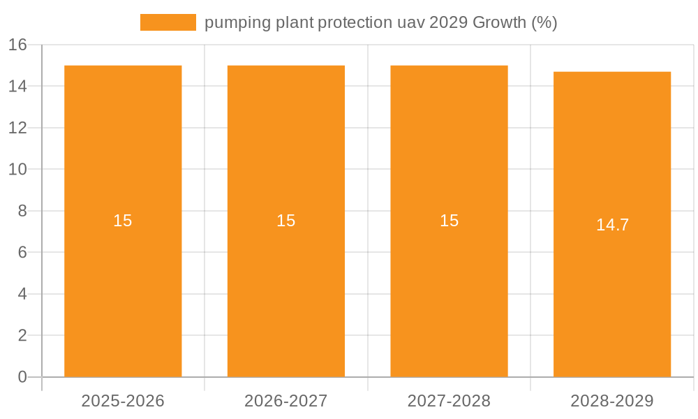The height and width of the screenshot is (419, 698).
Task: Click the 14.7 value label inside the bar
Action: (x=612, y=225)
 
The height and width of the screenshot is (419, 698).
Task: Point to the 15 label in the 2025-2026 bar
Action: (x=123, y=221)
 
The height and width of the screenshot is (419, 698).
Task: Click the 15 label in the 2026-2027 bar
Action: (x=286, y=221)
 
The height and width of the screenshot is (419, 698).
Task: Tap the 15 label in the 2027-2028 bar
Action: (x=449, y=221)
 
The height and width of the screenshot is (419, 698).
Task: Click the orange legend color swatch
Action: (x=168, y=22)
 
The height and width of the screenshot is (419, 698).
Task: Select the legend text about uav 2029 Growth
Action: (x=380, y=22)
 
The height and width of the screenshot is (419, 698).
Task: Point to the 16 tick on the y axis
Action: (x=17, y=45)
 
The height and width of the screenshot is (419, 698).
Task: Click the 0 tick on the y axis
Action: (x=22, y=377)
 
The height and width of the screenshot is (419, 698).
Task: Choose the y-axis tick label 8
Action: (x=22, y=211)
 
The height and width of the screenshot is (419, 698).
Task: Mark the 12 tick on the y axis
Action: (x=17, y=128)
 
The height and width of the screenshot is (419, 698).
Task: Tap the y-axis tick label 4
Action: (x=22, y=294)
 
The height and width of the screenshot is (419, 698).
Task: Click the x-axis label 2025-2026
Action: (x=123, y=401)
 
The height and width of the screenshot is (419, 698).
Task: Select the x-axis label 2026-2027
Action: (x=286, y=401)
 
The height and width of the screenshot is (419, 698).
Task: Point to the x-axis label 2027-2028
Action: (x=449, y=401)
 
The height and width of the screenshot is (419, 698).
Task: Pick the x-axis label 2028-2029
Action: (x=612, y=401)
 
